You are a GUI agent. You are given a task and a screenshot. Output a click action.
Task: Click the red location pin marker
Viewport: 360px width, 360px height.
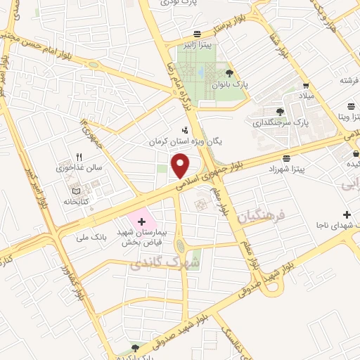[x=181, y=167]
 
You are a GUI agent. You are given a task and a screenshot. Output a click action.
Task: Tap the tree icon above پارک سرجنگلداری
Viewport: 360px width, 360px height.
[x=281, y=111]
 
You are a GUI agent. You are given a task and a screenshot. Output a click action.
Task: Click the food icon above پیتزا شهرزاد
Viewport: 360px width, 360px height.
[x=285, y=159]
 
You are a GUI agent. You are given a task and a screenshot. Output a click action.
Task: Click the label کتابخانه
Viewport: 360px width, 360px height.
[x=77, y=200]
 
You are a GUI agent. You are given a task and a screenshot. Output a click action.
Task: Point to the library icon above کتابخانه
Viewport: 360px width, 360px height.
[x=76, y=190]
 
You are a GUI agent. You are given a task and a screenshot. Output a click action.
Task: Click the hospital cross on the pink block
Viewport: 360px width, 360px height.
[x=142, y=221]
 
